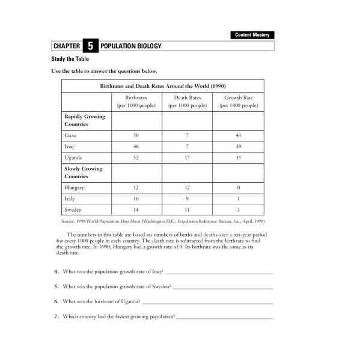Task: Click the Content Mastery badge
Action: click(x=253, y=35)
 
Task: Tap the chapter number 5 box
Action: click(x=90, y=46)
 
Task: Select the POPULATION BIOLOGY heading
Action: click(x=131, y=46)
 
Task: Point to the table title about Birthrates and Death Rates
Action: click(x=162, y=85)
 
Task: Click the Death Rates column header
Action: click(x=188, y=101)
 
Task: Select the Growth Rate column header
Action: click(x=239, y=101)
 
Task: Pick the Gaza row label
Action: click(x=70, y=136)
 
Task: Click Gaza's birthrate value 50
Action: click(x=136, y=136)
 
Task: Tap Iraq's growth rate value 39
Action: click(x=239, y=147)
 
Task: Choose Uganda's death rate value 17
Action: click(x=188, y=158)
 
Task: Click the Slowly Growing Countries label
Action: click(x=84, y=173)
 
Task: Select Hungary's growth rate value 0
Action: click(x=239, y=188)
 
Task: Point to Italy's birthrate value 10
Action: click(x=136, y=199)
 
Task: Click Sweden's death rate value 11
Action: click(x=188, y=210)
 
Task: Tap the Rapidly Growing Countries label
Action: click(x=85, y=120)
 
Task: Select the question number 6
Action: click(x=56, y=301)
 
